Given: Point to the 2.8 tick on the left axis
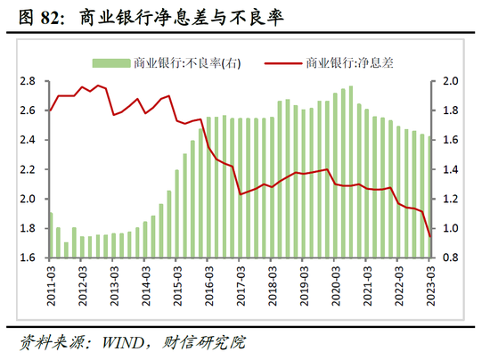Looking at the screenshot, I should point(28,81).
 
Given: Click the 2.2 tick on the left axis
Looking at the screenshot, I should point(28,169).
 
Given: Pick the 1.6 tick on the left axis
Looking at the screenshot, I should point(28,258).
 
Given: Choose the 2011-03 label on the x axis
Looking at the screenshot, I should point(50,287).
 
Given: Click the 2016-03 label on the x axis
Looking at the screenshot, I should point(208,287).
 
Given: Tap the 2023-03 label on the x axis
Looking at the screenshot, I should point(430,287).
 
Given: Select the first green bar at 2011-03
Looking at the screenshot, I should point(51,235).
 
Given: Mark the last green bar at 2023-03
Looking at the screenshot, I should point(430,197).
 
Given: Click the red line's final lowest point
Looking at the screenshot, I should point(430,236).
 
